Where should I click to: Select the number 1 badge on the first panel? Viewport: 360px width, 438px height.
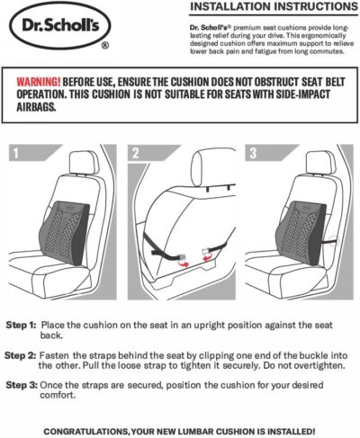15,153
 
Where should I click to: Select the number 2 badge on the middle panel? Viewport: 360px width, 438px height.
134,153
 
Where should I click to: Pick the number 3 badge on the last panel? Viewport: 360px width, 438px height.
253,153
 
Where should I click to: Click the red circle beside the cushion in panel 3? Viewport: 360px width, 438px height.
332,240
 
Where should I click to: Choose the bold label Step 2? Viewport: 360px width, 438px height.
22,354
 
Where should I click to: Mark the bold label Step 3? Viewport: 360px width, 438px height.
22,384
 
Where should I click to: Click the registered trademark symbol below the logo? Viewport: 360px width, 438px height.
106,43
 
